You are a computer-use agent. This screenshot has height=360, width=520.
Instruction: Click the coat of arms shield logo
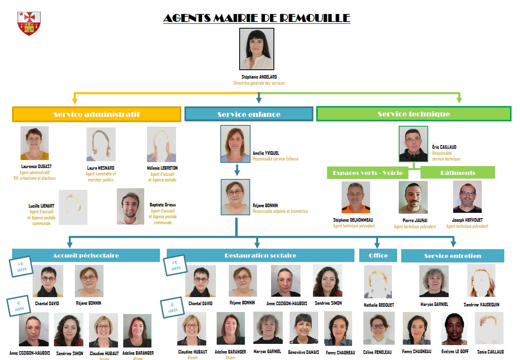point(29,23)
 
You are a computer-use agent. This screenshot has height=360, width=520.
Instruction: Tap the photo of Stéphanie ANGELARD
point(257,49)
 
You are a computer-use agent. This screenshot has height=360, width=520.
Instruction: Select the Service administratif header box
point(97,114)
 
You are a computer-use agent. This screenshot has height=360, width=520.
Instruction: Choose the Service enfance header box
point(249,114)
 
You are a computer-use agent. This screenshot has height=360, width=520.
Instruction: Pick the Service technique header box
point(414,114)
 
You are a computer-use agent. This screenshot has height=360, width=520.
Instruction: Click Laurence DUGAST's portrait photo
point(35,143)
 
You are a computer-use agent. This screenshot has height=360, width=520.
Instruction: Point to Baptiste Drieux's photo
point(131,206)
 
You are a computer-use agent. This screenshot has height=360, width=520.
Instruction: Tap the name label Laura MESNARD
point(101,168)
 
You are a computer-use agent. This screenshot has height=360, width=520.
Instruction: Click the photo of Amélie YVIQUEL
point(235,144)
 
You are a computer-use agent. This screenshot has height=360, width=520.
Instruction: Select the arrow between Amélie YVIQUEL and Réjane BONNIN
point(237,171)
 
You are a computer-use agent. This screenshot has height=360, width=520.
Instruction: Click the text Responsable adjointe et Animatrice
point(280,211)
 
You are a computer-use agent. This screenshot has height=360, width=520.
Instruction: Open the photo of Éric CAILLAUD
point(413,144)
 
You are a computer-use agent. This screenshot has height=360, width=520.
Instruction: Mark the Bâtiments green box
point(458,173)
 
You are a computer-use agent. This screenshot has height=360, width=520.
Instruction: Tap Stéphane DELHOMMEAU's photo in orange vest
point(356,197)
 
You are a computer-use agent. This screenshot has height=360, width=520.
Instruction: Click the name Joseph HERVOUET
point(467,220)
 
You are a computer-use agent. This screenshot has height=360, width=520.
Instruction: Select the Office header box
point(378,256)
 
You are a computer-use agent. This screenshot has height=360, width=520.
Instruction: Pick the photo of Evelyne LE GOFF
point(454,328)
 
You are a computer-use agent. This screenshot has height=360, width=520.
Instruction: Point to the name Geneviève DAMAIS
point(303,352)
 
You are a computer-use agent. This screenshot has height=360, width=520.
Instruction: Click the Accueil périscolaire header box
point(86,256)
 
